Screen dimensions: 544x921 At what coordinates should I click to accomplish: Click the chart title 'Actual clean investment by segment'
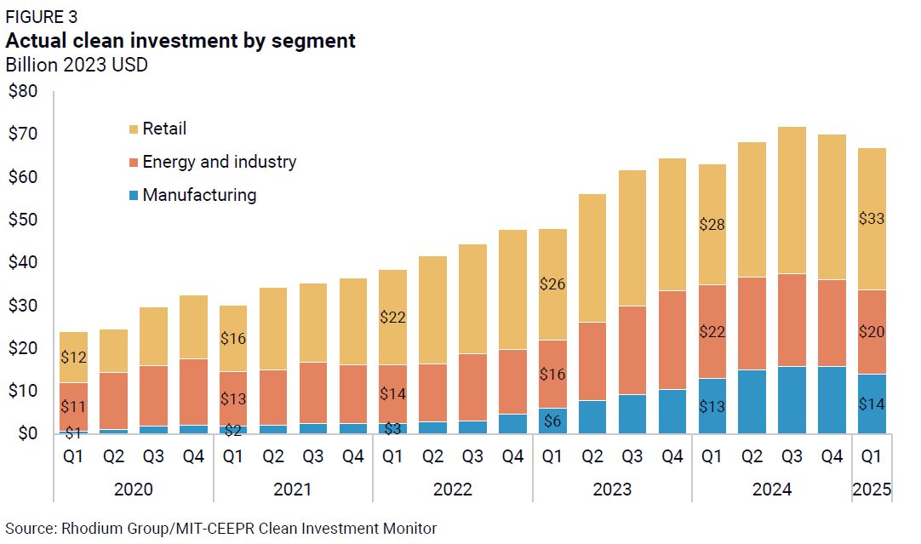[180, 40]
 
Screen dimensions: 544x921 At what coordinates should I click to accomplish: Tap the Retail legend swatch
[134, 129]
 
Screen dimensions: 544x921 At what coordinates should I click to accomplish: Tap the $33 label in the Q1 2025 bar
[871, 219]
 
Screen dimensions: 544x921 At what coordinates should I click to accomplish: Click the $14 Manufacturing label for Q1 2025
[871, 404]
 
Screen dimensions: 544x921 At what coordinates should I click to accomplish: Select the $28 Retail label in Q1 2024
[712, 225]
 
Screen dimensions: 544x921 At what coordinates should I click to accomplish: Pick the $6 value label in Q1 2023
[552, 421]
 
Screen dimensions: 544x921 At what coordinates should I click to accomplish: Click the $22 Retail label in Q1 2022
[392, 318]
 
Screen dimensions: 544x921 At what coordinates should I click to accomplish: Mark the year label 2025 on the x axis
[871, 490]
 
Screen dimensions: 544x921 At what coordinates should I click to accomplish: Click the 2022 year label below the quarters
[452, 490]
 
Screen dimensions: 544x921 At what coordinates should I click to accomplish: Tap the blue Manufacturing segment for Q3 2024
[792, 400]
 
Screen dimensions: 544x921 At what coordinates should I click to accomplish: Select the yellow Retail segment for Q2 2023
[592, 258]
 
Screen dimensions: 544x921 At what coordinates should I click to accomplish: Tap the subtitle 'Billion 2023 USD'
[77, 65]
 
